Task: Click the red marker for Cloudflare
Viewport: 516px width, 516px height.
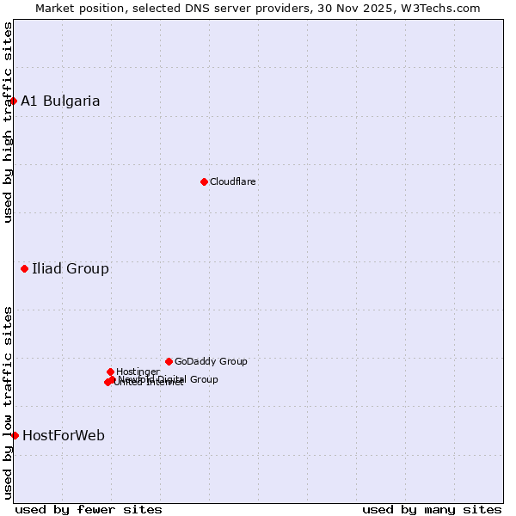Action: point(204,181)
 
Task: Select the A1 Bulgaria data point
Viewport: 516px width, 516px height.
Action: point(13,101)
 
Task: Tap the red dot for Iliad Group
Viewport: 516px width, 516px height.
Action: point(24,269)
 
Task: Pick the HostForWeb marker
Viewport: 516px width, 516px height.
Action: point(15,435)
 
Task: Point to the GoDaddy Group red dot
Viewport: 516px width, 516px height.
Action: point(169,361)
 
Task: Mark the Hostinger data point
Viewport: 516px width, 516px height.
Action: point(110,372)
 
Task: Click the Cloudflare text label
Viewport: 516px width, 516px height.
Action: point(233,181)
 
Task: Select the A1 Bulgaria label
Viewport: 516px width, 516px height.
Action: point(60,101)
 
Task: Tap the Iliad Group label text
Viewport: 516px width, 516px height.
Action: point(71,269)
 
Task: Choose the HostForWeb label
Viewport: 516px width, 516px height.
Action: point(64,435)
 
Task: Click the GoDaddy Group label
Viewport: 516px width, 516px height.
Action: point(211,361)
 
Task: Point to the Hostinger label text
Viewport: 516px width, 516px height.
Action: point(138,372)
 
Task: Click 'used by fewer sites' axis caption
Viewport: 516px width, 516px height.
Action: point(89,509)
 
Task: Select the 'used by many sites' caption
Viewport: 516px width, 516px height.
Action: point(432,509)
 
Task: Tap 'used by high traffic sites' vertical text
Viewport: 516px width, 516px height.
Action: point(8,122)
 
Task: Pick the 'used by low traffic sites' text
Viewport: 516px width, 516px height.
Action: point(8,402)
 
